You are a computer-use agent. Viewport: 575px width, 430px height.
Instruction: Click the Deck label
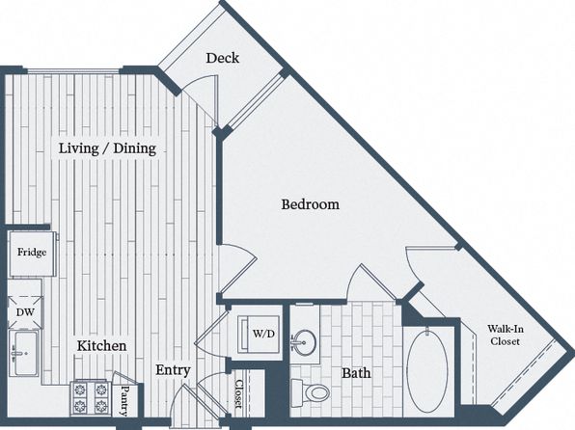pyautogui.click(x=222, y=58)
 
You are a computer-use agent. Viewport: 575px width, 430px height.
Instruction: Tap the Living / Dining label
pyautogui.click(x=107, y=148)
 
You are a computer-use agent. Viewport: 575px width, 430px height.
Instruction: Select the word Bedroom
pyautogui.click(x=311, y=204)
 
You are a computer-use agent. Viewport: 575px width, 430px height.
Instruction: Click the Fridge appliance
pyautogui.click(x=32, y=254)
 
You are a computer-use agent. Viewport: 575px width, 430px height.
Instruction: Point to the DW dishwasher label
pyautogui.click(x=25, y=312)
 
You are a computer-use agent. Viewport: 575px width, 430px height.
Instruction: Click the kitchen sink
pyautogui.click(x=24, y=353)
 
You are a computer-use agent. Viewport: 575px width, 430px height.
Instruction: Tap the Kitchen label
pyautogui.click(x=101, y=346)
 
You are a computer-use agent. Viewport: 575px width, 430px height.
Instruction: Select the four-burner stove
pyautogui.click(x=91, y=398)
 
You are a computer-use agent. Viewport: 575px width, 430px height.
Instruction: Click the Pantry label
pyautogui.click(x=124, y=400)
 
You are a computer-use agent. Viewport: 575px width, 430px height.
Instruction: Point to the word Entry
pyautogui.click(x=173, y=370)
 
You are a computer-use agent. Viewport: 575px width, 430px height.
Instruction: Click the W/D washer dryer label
pyautogui.click(x=263, y=334)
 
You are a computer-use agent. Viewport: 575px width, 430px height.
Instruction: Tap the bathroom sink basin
pyautogui.click(x=304, y=343)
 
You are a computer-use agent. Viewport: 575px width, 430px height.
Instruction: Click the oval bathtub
pyautogui.click(x=427, y=372)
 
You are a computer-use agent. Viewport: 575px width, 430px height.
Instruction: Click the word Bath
pyautogui.click(x=356, y=373)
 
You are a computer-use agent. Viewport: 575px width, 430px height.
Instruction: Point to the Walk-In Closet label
pyautogui.click(x=506, y=336)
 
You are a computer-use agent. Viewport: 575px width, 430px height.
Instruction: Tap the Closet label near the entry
pyautogui.click(x=238, y=393)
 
